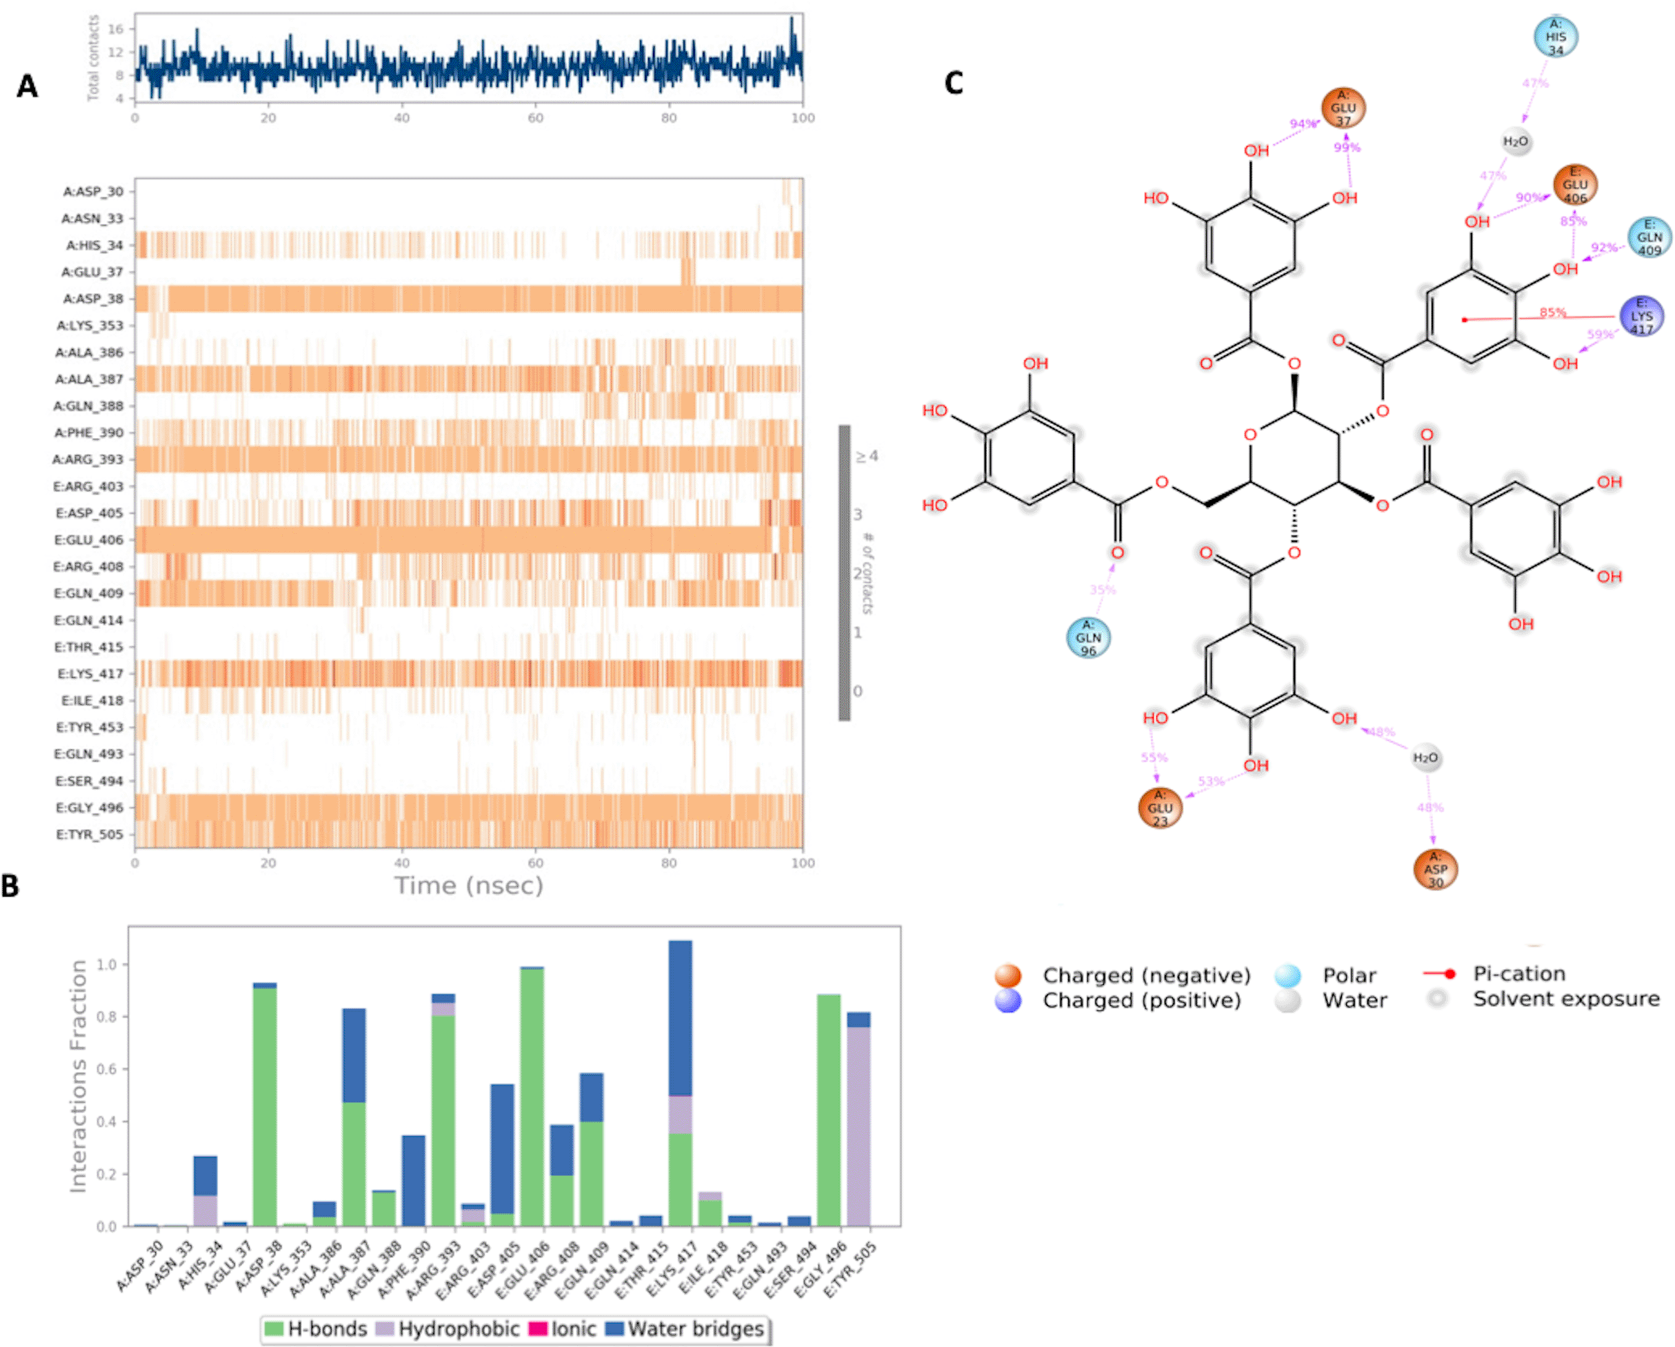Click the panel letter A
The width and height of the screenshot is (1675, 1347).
pos(27,86)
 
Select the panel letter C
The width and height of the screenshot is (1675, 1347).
pos(954,82)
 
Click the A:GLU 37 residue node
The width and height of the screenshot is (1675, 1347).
pos(1343,108)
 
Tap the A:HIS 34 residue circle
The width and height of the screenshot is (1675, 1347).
pos(1556,37)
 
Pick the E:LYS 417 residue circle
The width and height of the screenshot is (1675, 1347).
pos(1642,317)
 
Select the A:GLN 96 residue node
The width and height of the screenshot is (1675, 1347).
pos(1088,637)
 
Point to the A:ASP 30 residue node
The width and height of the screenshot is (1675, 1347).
pos(1435,869)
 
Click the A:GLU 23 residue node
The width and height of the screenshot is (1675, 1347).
pos(1160,808)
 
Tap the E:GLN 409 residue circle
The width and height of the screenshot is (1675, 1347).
pos(1649,238)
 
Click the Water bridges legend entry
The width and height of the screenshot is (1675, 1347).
pos(686,1329)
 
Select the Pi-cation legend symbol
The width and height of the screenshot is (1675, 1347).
pos(1439,974)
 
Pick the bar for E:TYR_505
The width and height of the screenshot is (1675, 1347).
pos(859,1119)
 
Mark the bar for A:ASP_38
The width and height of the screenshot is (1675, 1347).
pos(265,1104)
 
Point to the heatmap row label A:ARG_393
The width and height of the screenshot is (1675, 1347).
pos(88,459)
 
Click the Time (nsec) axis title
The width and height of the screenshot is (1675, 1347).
pos(468,886)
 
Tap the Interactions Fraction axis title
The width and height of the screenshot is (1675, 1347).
pos(78,1077)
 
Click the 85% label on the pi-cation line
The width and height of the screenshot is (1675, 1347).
pos(1553,312)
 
